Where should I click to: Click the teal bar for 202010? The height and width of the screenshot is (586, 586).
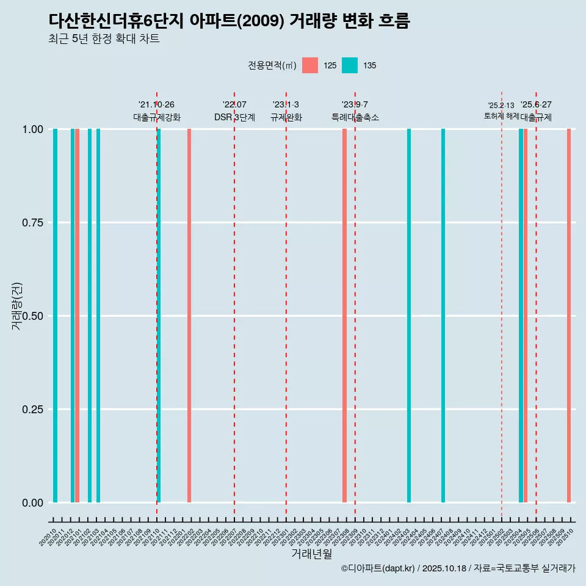click(55, 316)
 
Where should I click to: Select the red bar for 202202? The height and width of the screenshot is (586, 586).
click(189, 316)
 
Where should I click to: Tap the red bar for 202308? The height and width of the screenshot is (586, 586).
click(344, 316)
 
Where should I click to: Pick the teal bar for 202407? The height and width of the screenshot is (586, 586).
click(443, 316)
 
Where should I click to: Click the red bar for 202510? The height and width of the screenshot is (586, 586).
click(569, 316)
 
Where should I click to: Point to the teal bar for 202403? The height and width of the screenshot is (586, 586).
click(409, 316)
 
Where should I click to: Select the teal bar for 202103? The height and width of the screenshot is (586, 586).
click(98, 316)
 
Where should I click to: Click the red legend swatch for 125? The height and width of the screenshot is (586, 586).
click(310, 65)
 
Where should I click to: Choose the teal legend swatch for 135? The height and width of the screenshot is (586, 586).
click(349, 65)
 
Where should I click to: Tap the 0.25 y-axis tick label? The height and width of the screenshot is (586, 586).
click(31, 410)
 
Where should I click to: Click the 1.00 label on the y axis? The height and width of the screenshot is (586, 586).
click(31, 129)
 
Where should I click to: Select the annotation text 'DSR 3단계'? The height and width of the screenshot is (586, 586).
click(234, 117)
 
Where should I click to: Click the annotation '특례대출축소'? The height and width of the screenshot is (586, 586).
click(355, 117)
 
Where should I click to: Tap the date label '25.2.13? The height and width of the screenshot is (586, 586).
click(501, 106)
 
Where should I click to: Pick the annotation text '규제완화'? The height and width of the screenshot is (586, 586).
click(286, 117)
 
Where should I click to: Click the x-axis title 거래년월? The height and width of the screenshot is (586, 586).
click(311, 554)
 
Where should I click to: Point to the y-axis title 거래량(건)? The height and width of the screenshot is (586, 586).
click(17, 306)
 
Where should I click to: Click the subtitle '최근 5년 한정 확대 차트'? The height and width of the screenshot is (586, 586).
click(104, 39)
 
